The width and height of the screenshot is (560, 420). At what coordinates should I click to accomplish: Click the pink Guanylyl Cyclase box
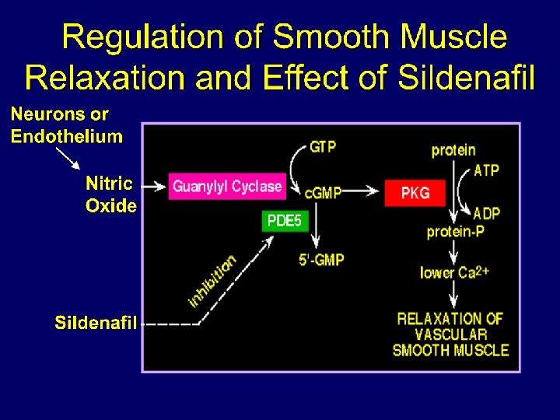pos(226,187)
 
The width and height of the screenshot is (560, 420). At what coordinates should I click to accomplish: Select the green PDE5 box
pos(284,221)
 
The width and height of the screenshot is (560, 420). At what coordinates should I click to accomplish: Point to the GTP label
pos(323,146)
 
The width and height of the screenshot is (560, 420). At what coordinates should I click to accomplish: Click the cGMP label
pos(323,192)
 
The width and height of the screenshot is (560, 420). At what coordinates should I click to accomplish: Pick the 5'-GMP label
pos(321,260)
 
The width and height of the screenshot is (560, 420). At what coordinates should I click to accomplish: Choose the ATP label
pos(486,170)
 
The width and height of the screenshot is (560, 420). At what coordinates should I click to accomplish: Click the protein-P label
pos(455,232)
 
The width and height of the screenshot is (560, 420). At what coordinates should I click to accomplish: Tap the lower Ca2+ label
pos(454,272)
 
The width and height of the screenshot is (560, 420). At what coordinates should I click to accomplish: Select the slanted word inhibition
pos(212,281)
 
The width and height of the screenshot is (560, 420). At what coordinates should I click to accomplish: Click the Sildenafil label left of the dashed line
pos(96,323)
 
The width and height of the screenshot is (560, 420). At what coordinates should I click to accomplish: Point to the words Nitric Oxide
pos(110,195)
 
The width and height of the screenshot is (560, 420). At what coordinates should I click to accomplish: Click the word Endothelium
pos(67,137)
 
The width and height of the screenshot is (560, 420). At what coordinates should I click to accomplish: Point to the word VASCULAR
pos(451,334)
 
